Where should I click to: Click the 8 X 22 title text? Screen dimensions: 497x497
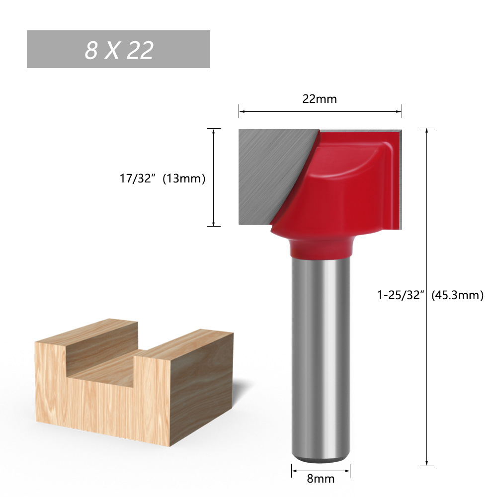[119, 50]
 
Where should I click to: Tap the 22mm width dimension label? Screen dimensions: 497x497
[320, 99]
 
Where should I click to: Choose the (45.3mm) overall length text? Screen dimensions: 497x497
[457, 295]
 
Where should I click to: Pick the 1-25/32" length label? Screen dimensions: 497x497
[400, 295]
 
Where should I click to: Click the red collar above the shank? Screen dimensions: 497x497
[320, 248]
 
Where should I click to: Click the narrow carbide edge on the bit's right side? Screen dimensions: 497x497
[400, 179]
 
